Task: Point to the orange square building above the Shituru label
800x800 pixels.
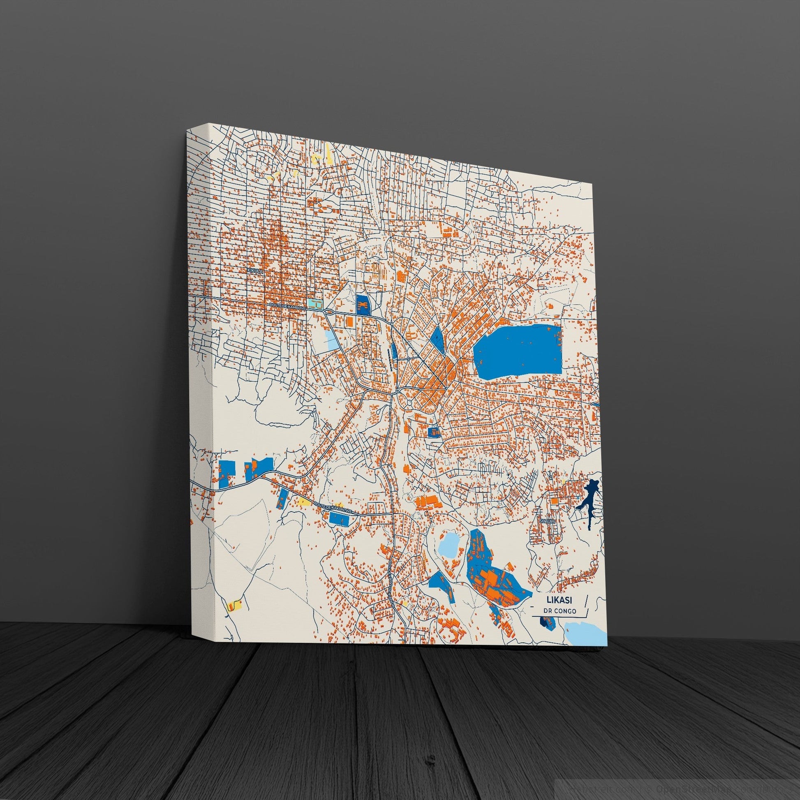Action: click(554, 502)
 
